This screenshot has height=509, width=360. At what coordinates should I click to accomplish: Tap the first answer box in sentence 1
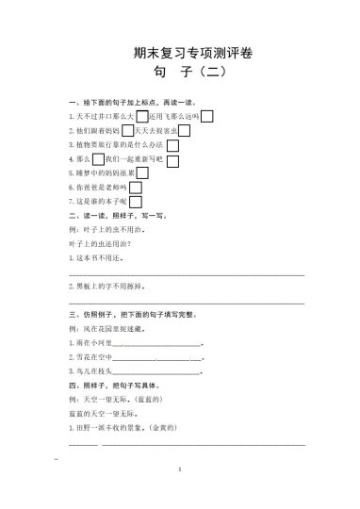142,116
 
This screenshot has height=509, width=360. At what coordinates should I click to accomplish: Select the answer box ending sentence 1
207,116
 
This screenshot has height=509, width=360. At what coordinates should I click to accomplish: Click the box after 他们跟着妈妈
127,130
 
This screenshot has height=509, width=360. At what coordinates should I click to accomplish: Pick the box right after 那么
99,159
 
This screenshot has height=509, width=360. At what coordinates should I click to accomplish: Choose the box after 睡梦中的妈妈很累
142,173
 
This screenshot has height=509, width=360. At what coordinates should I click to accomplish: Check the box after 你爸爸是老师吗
136,188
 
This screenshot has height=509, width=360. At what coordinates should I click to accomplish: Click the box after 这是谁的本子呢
136,202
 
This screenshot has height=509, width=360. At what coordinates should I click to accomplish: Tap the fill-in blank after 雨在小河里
156,344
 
